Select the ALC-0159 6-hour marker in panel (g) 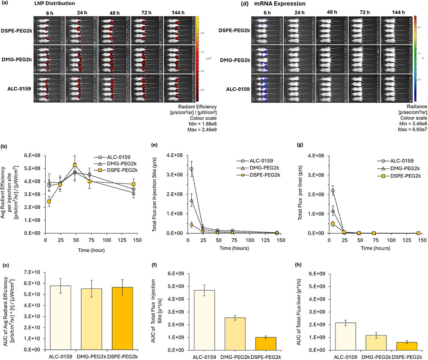pos(333,190)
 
